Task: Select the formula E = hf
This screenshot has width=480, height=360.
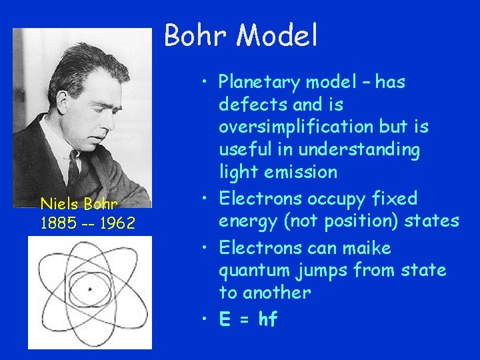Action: click(x=248, y=320)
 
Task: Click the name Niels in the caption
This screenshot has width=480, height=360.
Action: click(x=58, y=203)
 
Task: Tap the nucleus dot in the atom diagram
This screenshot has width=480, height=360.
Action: click(x=90, y=289)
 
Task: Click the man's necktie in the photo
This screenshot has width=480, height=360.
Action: click(x=73, y=170)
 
